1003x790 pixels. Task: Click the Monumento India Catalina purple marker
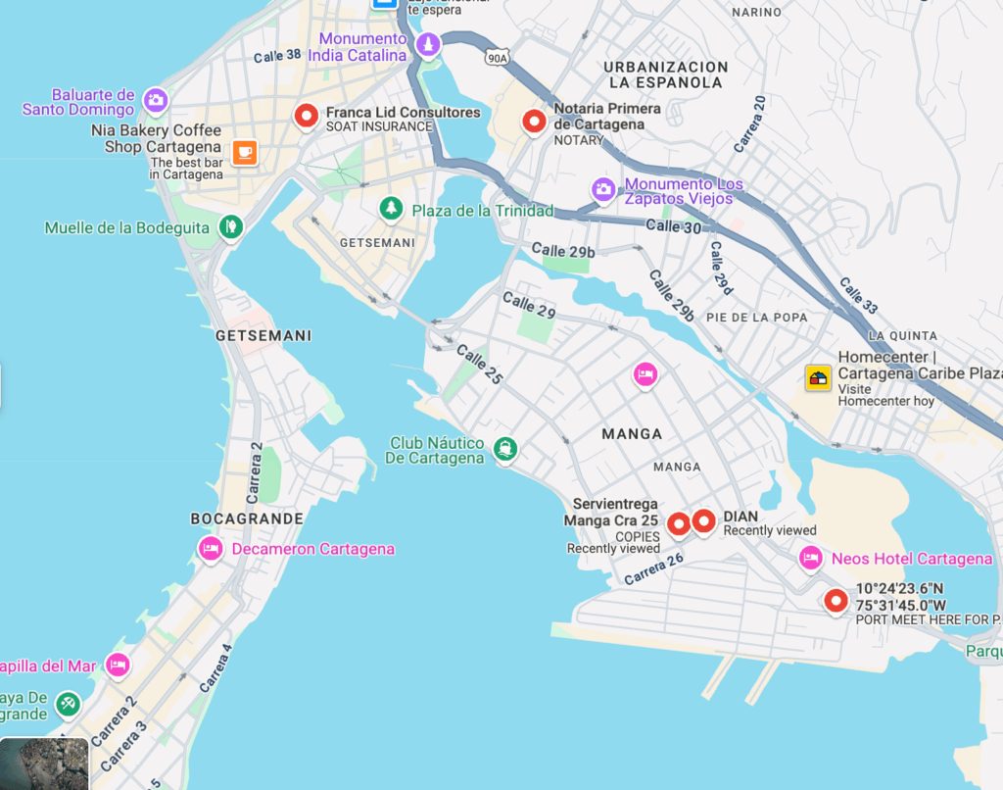[428, 44]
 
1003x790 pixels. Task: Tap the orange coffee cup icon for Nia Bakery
[245, 152]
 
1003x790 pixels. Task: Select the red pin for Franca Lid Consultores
[307, 116]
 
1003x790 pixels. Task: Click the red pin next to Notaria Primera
[534, 121]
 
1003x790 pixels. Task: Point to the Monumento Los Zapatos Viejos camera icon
[603, 189]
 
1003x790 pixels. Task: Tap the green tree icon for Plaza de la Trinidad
[392, 208]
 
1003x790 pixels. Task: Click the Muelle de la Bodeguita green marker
[230, 226]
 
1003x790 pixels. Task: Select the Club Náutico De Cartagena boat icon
[505, 449]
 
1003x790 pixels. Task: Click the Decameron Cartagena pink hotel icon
[211, 548]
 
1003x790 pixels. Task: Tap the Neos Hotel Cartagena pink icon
[810, 558]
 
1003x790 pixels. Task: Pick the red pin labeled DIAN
[703, 521]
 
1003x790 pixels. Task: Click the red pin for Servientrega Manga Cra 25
[678, 524]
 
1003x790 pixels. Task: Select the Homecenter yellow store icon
[818, 377]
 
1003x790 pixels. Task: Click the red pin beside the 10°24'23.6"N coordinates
[836, 600]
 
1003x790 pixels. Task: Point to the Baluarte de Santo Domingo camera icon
[155, 99]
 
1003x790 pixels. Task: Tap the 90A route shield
[497, 58]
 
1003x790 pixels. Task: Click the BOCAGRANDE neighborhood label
[246, 518]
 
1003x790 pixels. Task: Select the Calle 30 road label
[673, 226]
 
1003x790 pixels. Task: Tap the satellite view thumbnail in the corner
[45, 764]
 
